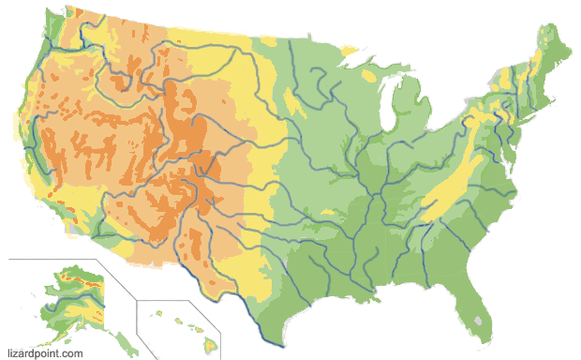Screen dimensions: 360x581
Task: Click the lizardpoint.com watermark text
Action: pyautogui.click(x=45, y=353)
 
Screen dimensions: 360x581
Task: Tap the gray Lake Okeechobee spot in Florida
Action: pyautogui.click(x=482, y=320)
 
